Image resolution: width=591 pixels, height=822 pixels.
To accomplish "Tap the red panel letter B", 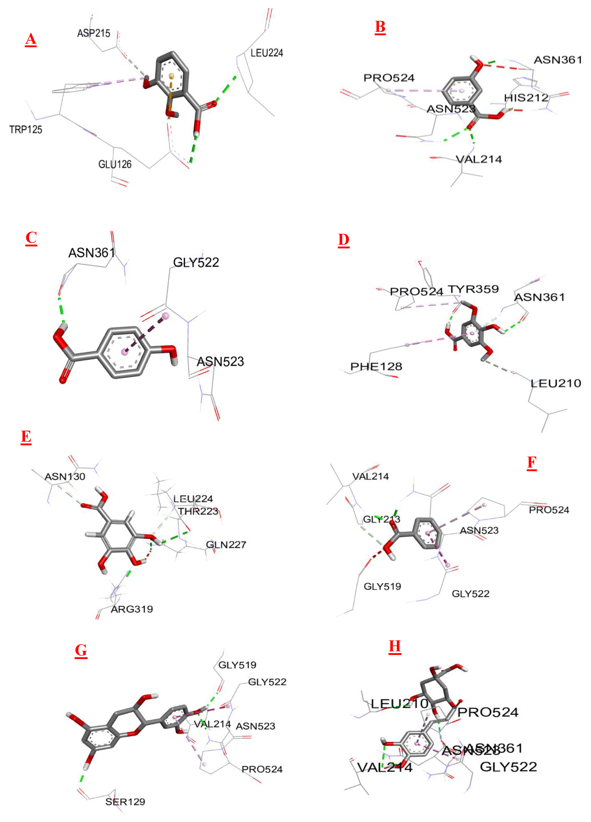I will point(380,27).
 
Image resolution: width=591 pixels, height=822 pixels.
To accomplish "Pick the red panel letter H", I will point(395,646).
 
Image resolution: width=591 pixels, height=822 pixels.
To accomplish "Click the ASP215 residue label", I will point(93,33).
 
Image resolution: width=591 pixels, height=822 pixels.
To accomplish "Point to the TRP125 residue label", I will point(26,129).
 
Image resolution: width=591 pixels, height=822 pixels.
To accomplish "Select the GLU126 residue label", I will point(115,164).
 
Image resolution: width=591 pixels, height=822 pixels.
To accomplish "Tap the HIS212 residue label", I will point(526,98).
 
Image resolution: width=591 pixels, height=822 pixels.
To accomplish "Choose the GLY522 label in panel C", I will point(196,262).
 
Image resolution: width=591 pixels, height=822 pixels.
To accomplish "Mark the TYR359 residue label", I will point(473,289).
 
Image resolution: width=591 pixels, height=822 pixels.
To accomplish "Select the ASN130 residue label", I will point(65,477).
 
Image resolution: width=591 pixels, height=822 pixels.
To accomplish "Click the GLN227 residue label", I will point(226,545).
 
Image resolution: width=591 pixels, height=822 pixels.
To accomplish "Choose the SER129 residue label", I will point(125,802).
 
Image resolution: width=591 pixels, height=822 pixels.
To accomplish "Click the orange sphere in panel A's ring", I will point(172,76).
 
